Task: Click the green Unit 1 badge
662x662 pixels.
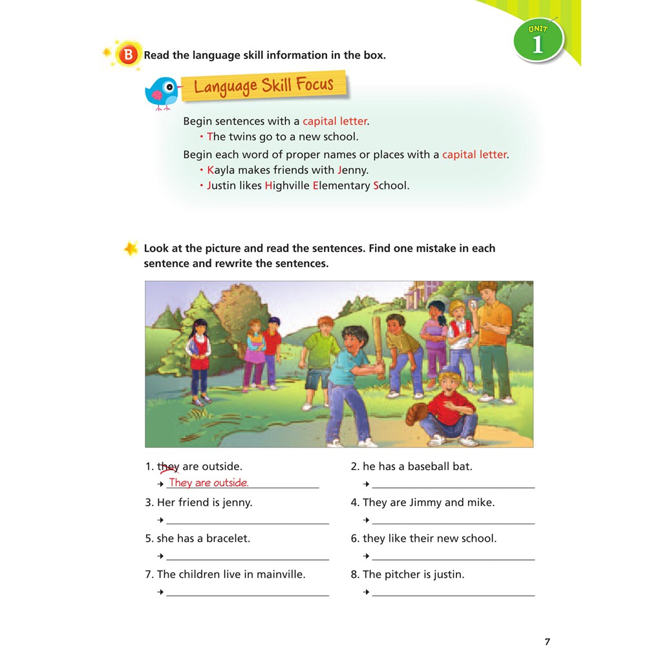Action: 539,41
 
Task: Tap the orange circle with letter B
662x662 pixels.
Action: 128,56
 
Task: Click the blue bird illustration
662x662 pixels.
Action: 162,92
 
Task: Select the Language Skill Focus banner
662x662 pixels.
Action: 264,86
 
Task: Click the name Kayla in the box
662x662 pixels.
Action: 221,170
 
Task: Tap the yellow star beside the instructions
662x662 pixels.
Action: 131,248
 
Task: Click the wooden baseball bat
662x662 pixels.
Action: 379,347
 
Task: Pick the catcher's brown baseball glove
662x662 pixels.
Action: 418,414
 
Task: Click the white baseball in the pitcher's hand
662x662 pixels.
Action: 472,303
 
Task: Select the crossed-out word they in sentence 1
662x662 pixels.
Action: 168,467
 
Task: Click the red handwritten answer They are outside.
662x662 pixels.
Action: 208,483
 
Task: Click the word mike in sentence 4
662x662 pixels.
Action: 480,502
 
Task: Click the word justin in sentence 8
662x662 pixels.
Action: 448,574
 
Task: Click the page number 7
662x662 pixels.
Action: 547,642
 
